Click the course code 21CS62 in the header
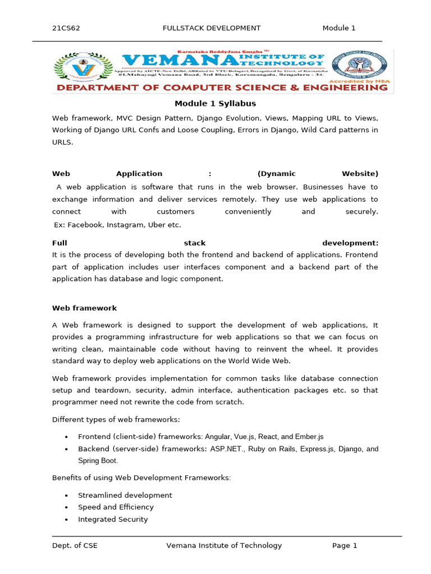pyautogui.click(x=66, y=28)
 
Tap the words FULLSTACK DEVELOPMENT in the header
pyautogui.click(x=212, y=28)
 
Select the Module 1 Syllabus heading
pyautogui.click(x=215, y=103)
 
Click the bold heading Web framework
pyautogui.click(x=84, y=308)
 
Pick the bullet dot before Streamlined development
pyautogui.click(x=66, y=496)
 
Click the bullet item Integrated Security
pyautogui.click(x=113, y=519)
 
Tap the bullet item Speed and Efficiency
pyautogui.click(x=116, y=507)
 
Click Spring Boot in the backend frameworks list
pyautogui.click(x=98, y=461)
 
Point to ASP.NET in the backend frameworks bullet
pyautogui.click(x=226, y=448)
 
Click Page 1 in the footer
pyautogui.click(x=345, y=545)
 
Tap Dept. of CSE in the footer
pyautogui.click(x=75, y=545)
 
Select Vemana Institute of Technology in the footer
pyautogui.click(x=224, y=545)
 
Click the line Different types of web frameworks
pyautogui.click(x=116, y=419)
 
